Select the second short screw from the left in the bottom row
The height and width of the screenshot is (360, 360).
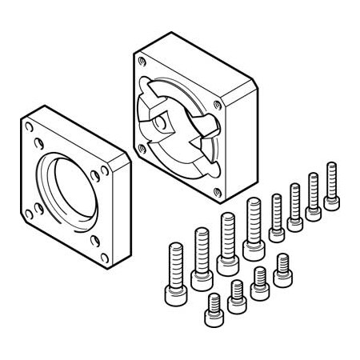[236, 296]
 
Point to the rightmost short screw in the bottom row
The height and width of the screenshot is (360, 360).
[282, 271]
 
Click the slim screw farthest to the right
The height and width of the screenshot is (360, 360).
[331, 186]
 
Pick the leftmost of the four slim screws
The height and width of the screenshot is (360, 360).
[277, 216]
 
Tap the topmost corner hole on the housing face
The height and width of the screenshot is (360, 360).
[142, 59]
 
